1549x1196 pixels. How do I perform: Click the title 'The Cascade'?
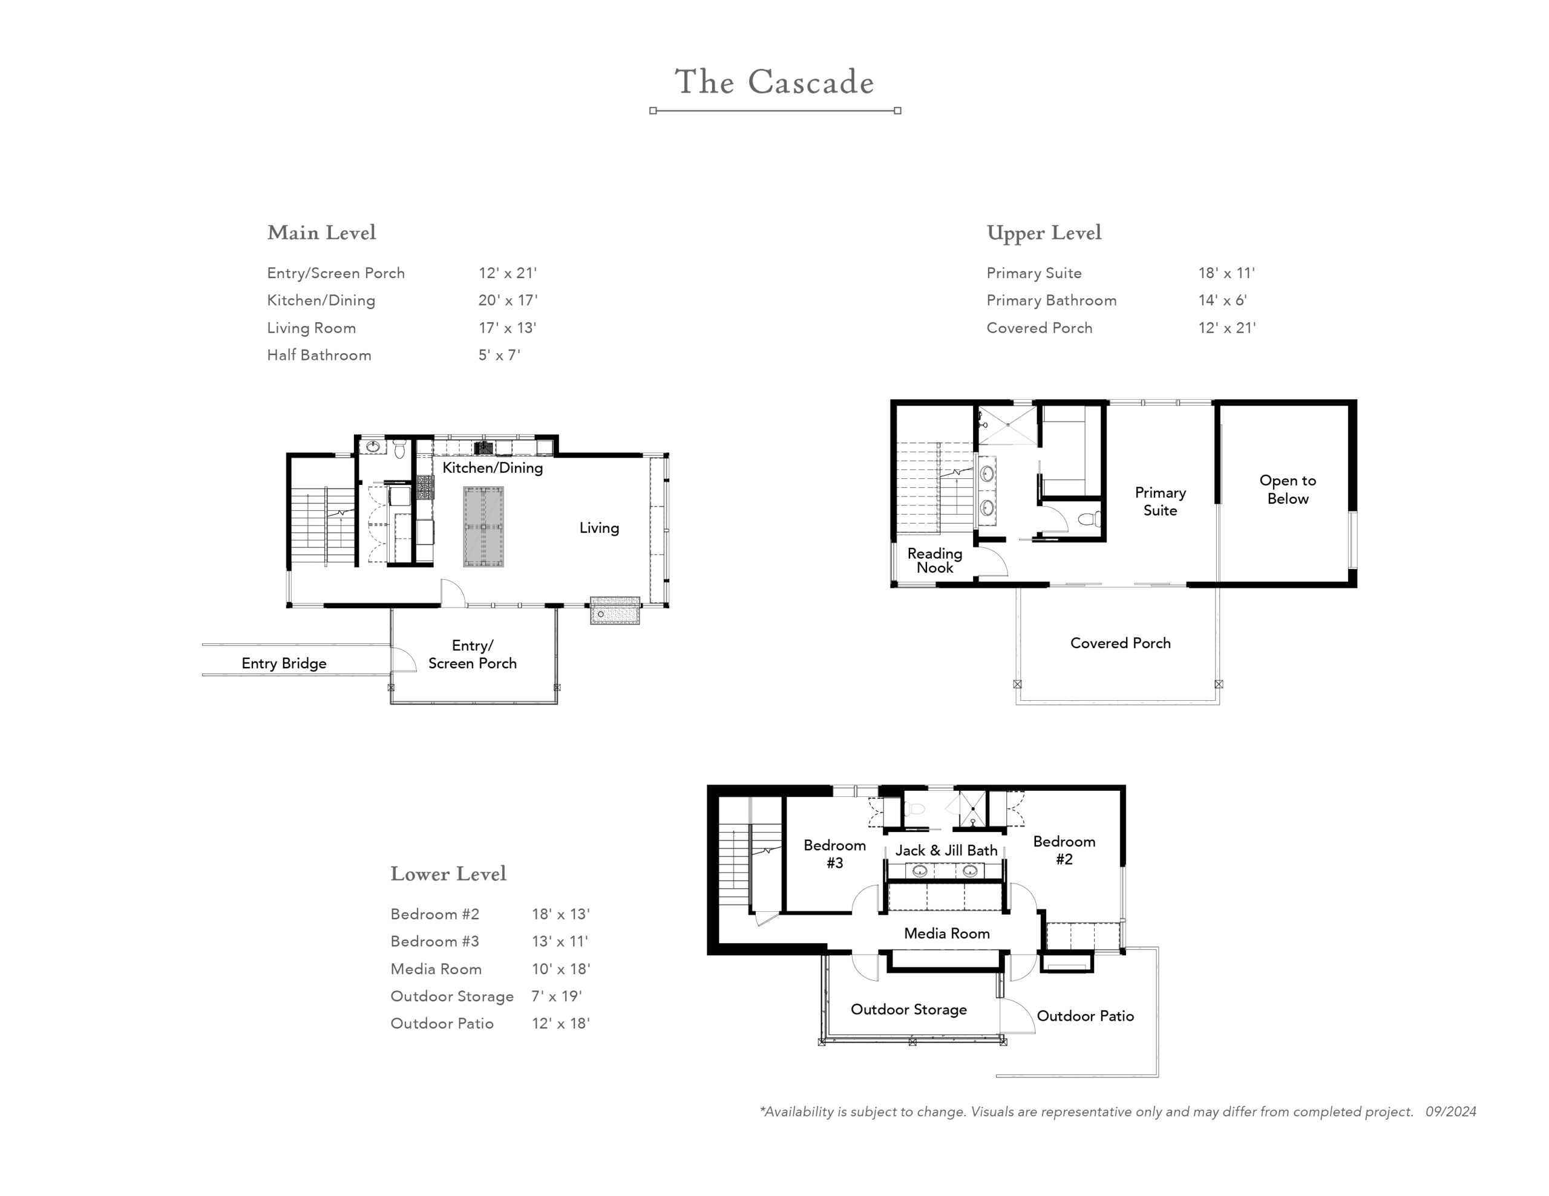(x=774, y=82)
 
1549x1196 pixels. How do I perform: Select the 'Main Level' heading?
(x=321, y=233)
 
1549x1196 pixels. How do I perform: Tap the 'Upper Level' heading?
(x=1044, y=233)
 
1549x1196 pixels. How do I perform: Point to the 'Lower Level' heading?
(x=448, y=874)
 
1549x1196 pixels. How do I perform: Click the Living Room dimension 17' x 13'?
(x=507, y=328)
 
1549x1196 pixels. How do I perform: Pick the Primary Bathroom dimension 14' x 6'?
(x=1223, y=300)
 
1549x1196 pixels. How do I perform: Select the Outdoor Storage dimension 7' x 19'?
(x=557, y=996)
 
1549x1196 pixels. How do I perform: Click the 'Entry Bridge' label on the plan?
(x=284, y=663)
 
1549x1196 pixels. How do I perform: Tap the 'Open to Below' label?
(x=1288, y=489)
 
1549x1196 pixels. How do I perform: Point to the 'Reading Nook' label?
(x=935, y=560)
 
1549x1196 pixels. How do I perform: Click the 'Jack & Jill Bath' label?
(x=946, y=850)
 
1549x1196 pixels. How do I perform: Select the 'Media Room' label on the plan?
(x=947, y=933)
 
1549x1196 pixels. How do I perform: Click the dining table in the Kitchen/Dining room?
(x=483, y=527)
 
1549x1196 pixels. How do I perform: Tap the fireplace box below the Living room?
(x=615, y=611)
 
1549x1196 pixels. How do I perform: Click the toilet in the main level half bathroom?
(x=399, y=448)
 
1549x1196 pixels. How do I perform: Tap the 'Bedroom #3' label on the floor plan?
(x=835, y=854)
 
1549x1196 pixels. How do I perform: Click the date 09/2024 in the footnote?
(x=1451, y=1111)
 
